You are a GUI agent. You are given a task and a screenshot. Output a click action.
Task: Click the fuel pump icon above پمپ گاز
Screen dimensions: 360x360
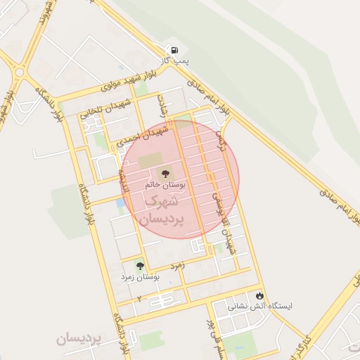click(x=173, y=51)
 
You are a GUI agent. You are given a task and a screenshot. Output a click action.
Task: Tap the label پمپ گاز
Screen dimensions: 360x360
click(x=173, y=63)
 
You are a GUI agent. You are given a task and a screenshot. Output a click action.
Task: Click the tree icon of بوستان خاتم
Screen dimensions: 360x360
click(x=166, y=172)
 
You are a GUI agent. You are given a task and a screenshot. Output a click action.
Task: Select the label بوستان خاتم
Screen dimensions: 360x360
click(x=165, y=185)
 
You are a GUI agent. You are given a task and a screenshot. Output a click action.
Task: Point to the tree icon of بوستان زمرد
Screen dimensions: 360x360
click(x=140, y=266)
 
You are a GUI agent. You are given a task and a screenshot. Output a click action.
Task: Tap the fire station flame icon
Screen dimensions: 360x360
click(x=261, y=296)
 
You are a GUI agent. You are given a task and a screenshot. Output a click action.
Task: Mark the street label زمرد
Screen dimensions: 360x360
click(x=176, y=266)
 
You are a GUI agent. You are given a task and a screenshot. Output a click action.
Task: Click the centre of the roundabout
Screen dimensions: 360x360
click(x=19, y=72)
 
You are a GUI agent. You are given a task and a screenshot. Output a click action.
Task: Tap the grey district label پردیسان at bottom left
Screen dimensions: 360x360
click(x=79, y=339)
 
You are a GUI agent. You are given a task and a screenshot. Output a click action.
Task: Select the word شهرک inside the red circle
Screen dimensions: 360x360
click(x=162, y=202)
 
